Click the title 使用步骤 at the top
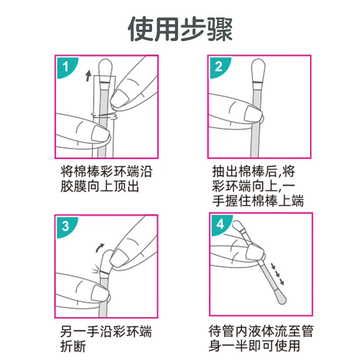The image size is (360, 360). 180,29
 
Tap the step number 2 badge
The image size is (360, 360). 218,67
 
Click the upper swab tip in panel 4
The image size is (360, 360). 238,226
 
